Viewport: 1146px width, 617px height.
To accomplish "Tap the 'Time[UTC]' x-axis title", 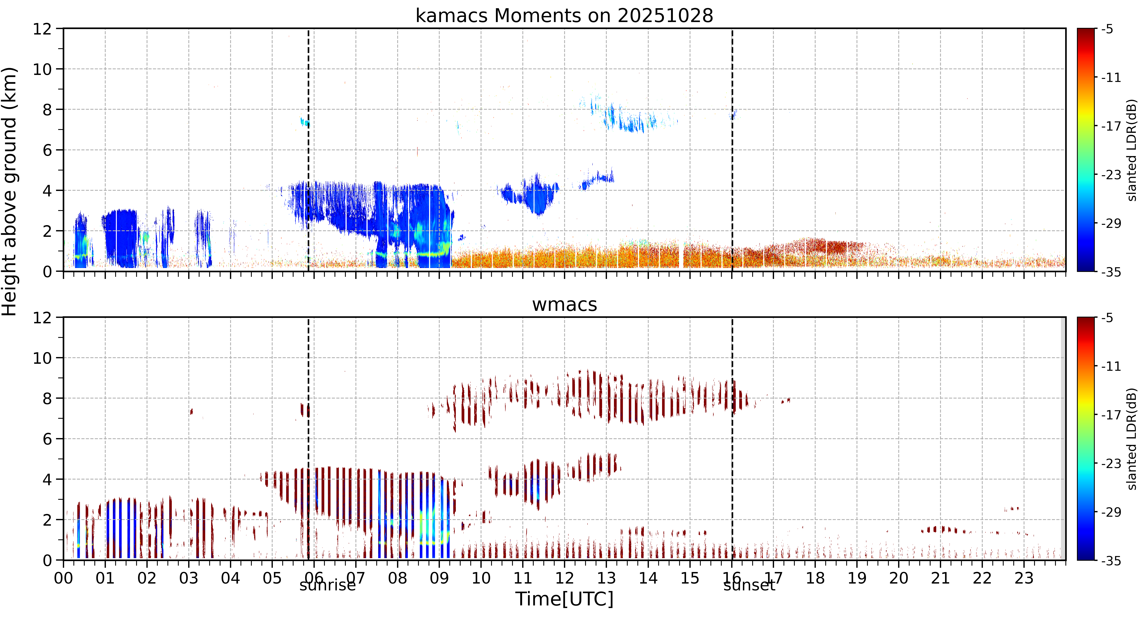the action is (564, 599).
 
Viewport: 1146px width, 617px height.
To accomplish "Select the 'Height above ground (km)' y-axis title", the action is (9, 191).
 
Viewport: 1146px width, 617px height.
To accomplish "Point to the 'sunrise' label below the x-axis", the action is (327, 585).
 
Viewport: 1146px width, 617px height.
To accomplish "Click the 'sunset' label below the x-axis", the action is (749, 585).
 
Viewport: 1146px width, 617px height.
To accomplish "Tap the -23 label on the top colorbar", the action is (1111, 175).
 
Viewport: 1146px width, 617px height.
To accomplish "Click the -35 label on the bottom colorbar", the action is (1111, 560).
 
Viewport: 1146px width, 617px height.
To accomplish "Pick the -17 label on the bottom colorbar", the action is (1111, 415).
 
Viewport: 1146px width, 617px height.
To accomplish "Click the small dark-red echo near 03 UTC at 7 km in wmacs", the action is (191, 411).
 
